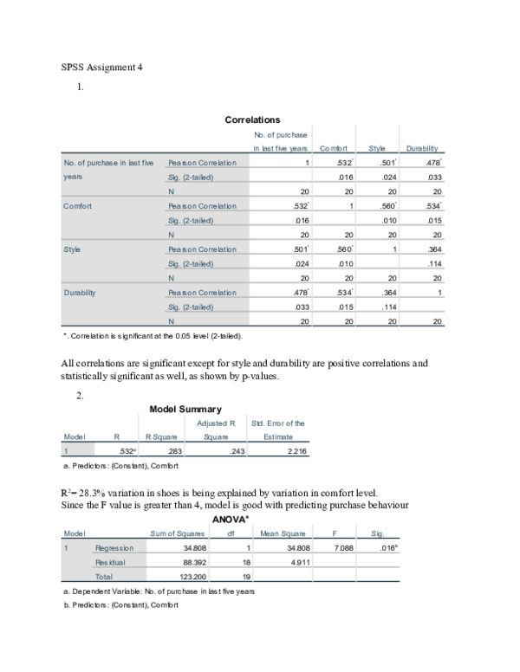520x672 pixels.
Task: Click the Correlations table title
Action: click(252, 120)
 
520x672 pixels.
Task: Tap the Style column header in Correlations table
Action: click(376, 149)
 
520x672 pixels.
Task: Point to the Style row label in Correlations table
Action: click(73, 249)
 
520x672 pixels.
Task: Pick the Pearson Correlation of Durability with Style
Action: click(376, 293)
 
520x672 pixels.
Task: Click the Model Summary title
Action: click(185, 409)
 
